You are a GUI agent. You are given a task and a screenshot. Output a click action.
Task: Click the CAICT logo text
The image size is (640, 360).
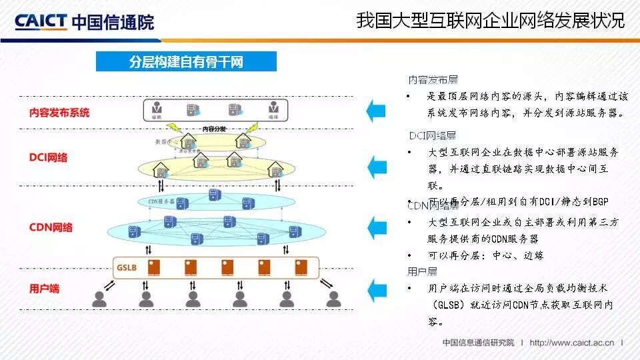(x=41, y=21)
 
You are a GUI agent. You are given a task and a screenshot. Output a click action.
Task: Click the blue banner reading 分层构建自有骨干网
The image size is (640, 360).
(x=186, y=62)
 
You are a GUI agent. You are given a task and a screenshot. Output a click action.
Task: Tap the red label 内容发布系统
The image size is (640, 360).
(x=59, y=113)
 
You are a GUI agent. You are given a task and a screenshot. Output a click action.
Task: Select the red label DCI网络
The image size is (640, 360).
(x=48, y=158)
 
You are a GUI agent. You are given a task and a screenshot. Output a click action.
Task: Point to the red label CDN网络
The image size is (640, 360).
(x=51, y=227)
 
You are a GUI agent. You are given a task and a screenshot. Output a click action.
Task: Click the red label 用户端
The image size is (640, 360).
(x=44, y=289)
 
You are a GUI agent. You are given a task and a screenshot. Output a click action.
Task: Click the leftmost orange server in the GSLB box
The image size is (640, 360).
(x=154, y=267)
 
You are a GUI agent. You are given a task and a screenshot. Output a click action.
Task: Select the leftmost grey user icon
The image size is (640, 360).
(x=99, y=299)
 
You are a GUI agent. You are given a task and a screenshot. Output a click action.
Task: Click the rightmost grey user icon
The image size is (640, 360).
(x=333, y=299)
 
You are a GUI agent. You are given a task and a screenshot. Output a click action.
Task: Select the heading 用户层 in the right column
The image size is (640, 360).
(x=422, y=271)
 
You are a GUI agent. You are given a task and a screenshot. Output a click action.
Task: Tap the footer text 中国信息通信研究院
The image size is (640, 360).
(x=478, y=343)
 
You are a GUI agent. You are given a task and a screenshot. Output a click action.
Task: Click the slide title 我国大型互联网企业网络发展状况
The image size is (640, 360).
(x=490, y=21)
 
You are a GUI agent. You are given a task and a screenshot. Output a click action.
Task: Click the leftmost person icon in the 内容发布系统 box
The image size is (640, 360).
(x=158, y=107)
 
